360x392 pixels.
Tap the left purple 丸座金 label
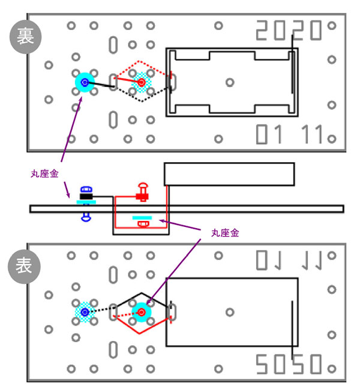click(44, 173)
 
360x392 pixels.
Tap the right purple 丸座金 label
click(226, 233)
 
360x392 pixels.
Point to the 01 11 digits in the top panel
click(290, 134)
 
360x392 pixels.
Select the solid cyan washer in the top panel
click(84, 83)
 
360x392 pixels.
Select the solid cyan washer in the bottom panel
click(142, 312)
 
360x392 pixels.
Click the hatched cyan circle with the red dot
click(142, 82)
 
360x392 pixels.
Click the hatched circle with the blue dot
click(85, 312)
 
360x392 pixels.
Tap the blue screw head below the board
click(86, 216)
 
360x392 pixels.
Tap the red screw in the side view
click(142, 191)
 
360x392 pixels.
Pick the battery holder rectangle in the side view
click(229, 173)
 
